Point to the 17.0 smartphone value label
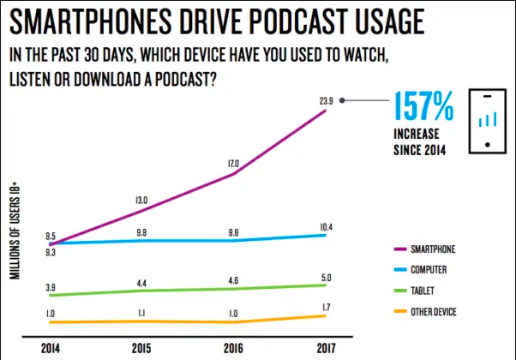pyautogui.click(x=235, y=160)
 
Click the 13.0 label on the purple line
pyautogui.click(x=142, y=201)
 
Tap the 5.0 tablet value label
pyautogui.click(x=327, y=276)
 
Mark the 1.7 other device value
pyautogui.click(x=327, y=305)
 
